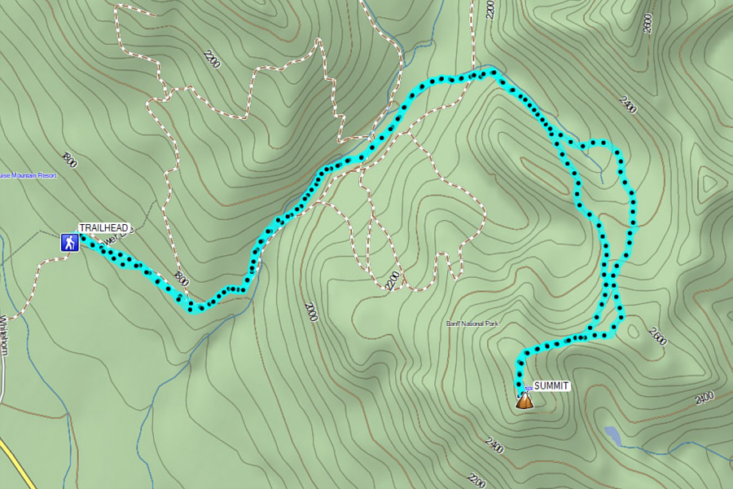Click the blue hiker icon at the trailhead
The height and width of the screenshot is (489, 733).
tap(69, 242)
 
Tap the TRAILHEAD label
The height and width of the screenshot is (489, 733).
tap(103, 228)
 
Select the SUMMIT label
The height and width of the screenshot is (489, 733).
tap(551, 385)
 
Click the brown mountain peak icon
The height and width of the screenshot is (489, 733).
tap(525, 399)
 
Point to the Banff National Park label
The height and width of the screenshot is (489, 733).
tap(472, 324)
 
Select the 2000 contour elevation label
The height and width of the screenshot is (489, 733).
tap(310, 311)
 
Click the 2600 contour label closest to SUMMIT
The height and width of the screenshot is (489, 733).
tap(657, 336)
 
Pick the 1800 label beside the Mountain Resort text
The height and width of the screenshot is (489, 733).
tap(69, 159)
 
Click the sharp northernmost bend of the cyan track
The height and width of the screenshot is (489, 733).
tap(492, 73)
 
